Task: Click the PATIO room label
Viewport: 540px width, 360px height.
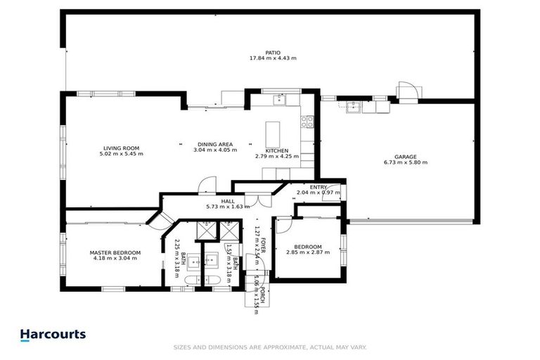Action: tap(274, 52)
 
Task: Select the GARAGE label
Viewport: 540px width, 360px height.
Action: tap(405, 157)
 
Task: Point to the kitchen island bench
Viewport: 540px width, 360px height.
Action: tap(274, 134)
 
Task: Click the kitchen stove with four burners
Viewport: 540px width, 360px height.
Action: tap(307, 122)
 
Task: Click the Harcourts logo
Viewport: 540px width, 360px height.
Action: tap(53, 335)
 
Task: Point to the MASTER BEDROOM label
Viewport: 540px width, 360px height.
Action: tap(115, 252)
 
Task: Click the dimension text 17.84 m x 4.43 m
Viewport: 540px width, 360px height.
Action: tap(274, 58)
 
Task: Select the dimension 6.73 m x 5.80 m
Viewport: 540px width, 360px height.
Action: tap(405, 162)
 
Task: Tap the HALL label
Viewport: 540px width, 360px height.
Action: tap(228, 201)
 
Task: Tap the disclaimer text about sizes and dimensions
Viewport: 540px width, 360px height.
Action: tap(270, 347)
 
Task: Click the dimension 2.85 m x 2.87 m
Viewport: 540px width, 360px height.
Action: tap(308, 252)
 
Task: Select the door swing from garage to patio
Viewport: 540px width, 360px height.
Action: tap(409, 91)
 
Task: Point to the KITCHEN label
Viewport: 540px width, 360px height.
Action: tap(277, 150)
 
